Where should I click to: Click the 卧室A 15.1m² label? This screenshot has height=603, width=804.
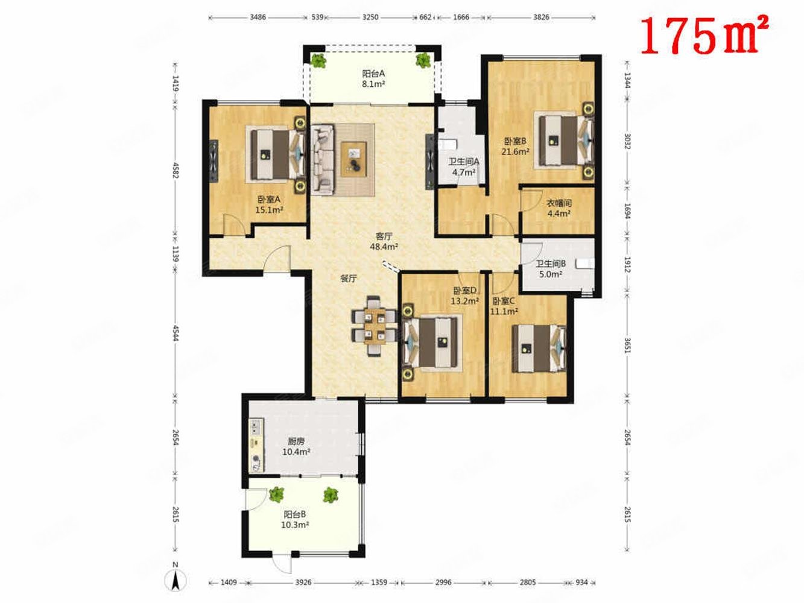[269, 204]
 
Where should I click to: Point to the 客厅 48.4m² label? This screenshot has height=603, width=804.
[384, 242]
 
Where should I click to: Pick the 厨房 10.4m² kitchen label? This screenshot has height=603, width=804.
[296, 447]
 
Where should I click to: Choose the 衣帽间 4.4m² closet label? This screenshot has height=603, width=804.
[559, 208]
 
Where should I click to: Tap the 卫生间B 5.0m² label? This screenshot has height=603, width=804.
[551, 269]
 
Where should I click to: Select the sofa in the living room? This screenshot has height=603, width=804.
[323, 160]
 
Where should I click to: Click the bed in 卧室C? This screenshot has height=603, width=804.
[539, 349]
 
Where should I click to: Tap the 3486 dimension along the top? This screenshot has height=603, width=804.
[258, 17]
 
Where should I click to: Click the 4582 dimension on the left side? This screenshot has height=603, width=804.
[176, 170]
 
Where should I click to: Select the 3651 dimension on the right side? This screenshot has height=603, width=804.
[627, 346]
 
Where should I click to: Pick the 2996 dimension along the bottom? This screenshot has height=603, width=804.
[443, 582]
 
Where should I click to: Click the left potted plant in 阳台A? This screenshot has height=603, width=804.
[318, 60]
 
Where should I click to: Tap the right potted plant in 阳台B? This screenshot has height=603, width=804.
[331, 495]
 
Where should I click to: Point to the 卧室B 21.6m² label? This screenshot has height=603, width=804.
[515, 146]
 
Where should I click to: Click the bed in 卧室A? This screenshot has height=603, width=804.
[277, 155]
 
